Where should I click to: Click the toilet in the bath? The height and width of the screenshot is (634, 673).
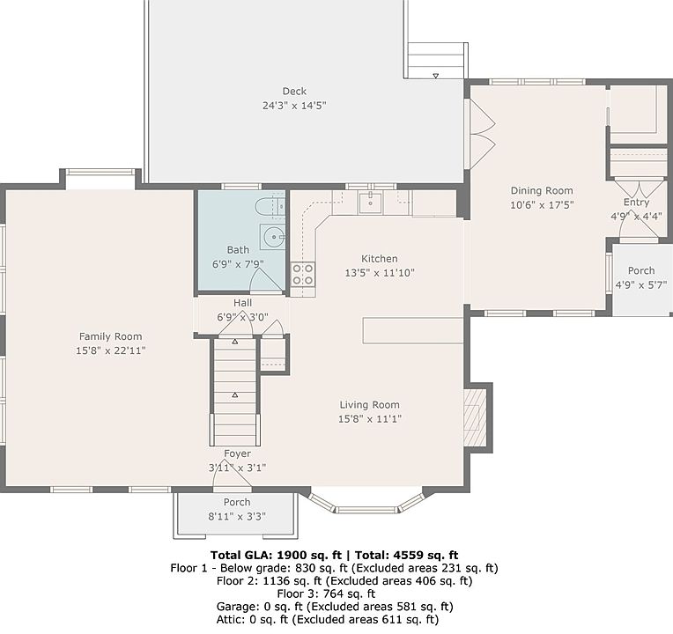[x=270, y=207]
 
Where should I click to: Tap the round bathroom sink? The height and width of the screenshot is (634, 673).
[x=272, y=236]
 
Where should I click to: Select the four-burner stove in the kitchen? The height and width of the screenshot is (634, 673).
[x=303, y=274]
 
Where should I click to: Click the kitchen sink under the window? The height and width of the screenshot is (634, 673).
[x=370, y=202]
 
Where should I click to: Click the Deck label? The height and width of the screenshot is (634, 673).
[x=294, y=91]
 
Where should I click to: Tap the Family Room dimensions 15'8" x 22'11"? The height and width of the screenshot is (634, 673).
[x=111, y=350]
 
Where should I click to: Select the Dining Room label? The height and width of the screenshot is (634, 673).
[x=542, y=190]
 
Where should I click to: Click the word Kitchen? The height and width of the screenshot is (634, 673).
[x=380, y=259]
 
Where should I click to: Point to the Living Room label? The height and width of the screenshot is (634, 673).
[x=370, y=404]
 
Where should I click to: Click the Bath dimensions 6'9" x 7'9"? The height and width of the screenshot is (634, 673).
[x=238, y=264]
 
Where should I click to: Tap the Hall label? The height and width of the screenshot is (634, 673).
[x=242, y=303]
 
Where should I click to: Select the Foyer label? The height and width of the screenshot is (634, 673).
[x=237, y=453]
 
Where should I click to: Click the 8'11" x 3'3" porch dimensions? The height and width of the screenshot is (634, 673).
[x=237, y=516]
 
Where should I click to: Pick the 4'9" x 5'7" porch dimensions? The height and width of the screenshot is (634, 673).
[x=641, y=284]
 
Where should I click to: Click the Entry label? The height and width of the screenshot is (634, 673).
[x=637, y=202]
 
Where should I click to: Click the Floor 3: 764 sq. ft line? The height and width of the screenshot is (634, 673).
[x=326, y=593]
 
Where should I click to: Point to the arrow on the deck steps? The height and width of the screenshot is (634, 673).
[x=436, y=76]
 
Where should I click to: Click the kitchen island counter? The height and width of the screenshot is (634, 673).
[x=413, y=330]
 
